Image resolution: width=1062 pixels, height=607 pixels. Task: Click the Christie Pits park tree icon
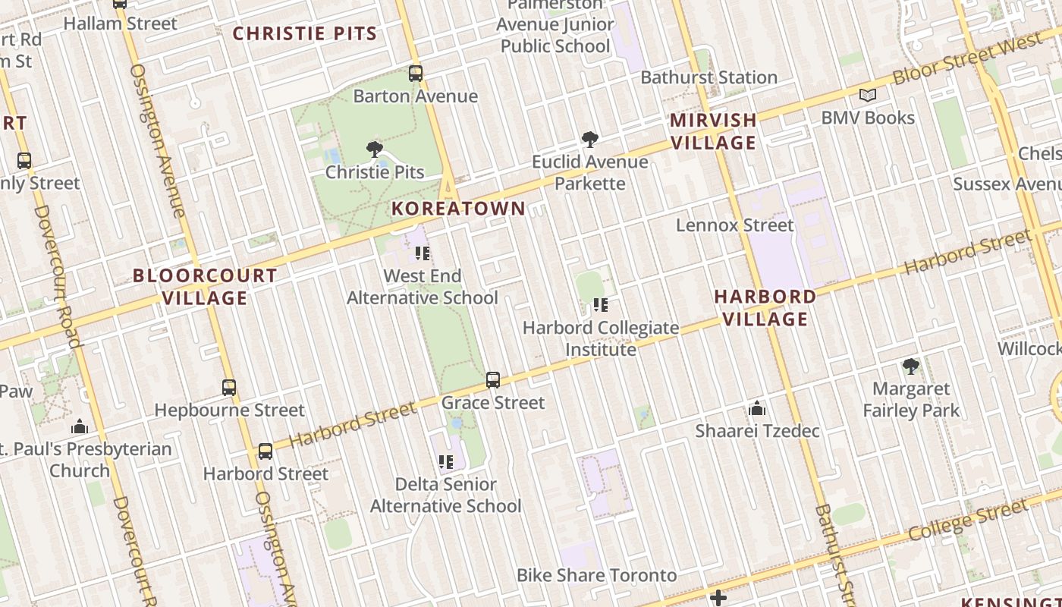point(374,149)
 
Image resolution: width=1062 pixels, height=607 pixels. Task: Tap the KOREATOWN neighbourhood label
point(458,209)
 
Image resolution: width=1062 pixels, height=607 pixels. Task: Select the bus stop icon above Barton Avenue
point(416,74)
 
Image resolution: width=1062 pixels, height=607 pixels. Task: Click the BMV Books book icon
point(868,96)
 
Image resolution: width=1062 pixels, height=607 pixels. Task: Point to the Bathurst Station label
point(709,77)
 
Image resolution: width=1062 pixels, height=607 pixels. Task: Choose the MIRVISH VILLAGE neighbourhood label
point(713,131)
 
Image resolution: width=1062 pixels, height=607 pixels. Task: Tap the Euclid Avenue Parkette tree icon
point(590,139)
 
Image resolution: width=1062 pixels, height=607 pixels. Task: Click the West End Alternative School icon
point(423,253)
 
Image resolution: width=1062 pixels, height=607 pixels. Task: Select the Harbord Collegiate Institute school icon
point(601,305)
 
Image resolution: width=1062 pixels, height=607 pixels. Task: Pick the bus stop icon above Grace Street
point(493,379)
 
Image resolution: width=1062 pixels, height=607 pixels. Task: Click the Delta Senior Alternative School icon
point(446,461)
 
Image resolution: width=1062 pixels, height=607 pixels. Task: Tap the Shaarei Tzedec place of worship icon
point(757,409)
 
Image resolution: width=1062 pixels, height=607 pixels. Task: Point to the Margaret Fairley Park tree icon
point(911,366)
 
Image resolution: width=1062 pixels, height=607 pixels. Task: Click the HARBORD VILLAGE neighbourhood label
point(765,307)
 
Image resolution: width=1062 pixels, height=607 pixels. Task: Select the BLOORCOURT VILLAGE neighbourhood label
point(205,287)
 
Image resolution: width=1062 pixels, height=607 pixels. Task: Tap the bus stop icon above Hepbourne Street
point(229,388)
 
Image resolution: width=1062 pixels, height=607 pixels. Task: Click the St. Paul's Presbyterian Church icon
point(80,426)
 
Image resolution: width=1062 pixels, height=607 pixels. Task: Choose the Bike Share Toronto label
point(596,575)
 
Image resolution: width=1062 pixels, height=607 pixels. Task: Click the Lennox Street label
point(734,225)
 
